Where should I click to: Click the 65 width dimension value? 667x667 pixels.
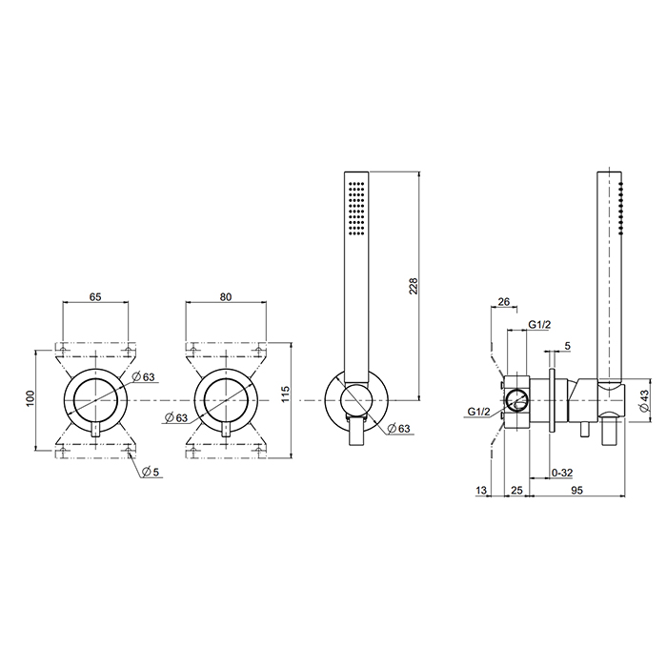[x=95, y=296]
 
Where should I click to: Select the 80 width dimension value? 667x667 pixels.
[x=226, y=296]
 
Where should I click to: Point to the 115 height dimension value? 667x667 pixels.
[x=285, y=394]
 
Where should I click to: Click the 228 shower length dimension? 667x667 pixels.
[x=414, y=286]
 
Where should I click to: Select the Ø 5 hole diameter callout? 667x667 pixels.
[x=151, y=472]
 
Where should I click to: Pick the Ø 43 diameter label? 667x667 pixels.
[x=644, y=400]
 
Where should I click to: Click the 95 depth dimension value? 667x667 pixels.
[x=576, y=490]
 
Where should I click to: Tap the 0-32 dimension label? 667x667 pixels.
[x=562, y=473]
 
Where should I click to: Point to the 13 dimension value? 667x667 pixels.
[x=480, y=490]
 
